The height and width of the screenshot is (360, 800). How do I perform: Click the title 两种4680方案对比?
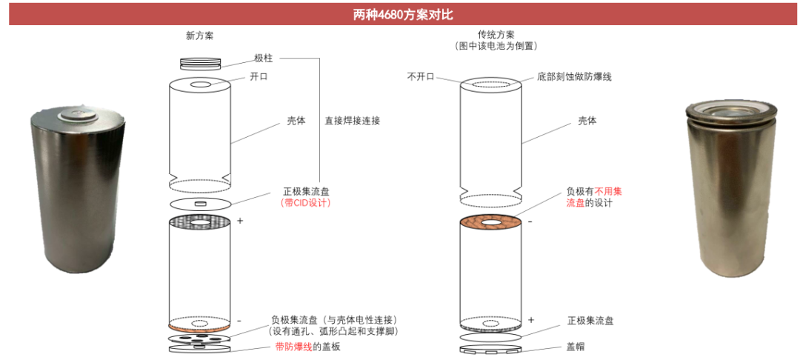click(401, 14)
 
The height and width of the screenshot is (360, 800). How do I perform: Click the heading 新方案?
click(199, 36)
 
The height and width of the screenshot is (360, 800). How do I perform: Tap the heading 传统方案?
click(496, 35)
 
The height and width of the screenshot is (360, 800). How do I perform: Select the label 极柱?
click(263, 59)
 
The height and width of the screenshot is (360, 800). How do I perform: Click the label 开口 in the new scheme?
click(259, 77)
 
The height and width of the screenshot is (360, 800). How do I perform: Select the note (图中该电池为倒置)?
click(496, 46)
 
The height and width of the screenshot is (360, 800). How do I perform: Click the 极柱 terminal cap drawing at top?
click(200, 64)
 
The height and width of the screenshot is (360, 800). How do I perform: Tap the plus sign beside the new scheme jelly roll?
click(239, 221)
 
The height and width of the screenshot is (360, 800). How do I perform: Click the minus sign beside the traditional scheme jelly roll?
click(531, 221)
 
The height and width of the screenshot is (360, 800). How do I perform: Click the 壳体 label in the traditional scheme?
click(587, 121)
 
